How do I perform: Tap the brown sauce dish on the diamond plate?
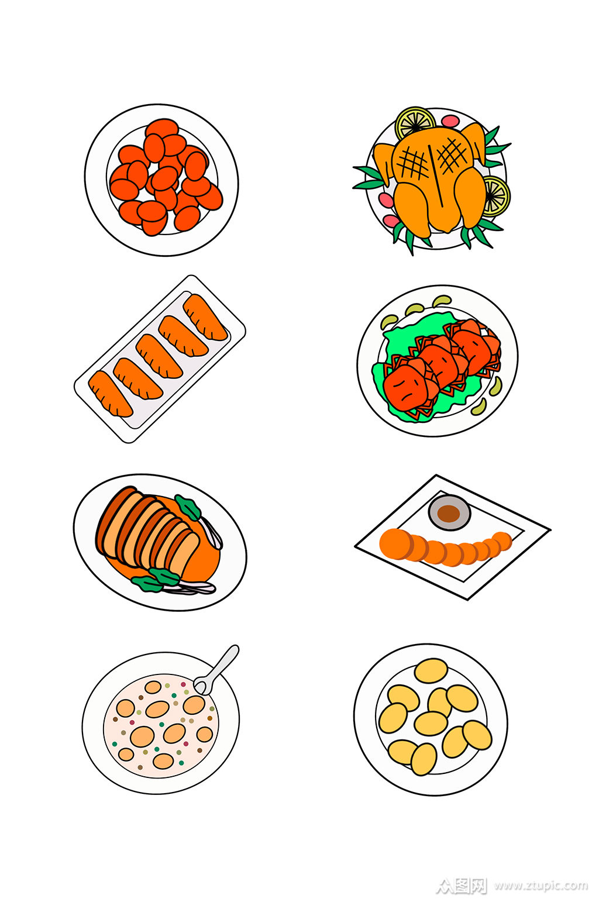point(449,512)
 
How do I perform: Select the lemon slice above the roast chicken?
point(415,123)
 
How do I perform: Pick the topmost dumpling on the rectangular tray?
point(205,318)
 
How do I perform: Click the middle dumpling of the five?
point(158,356)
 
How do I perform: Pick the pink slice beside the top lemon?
point(450,121)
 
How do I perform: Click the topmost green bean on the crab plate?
point(442,300)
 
